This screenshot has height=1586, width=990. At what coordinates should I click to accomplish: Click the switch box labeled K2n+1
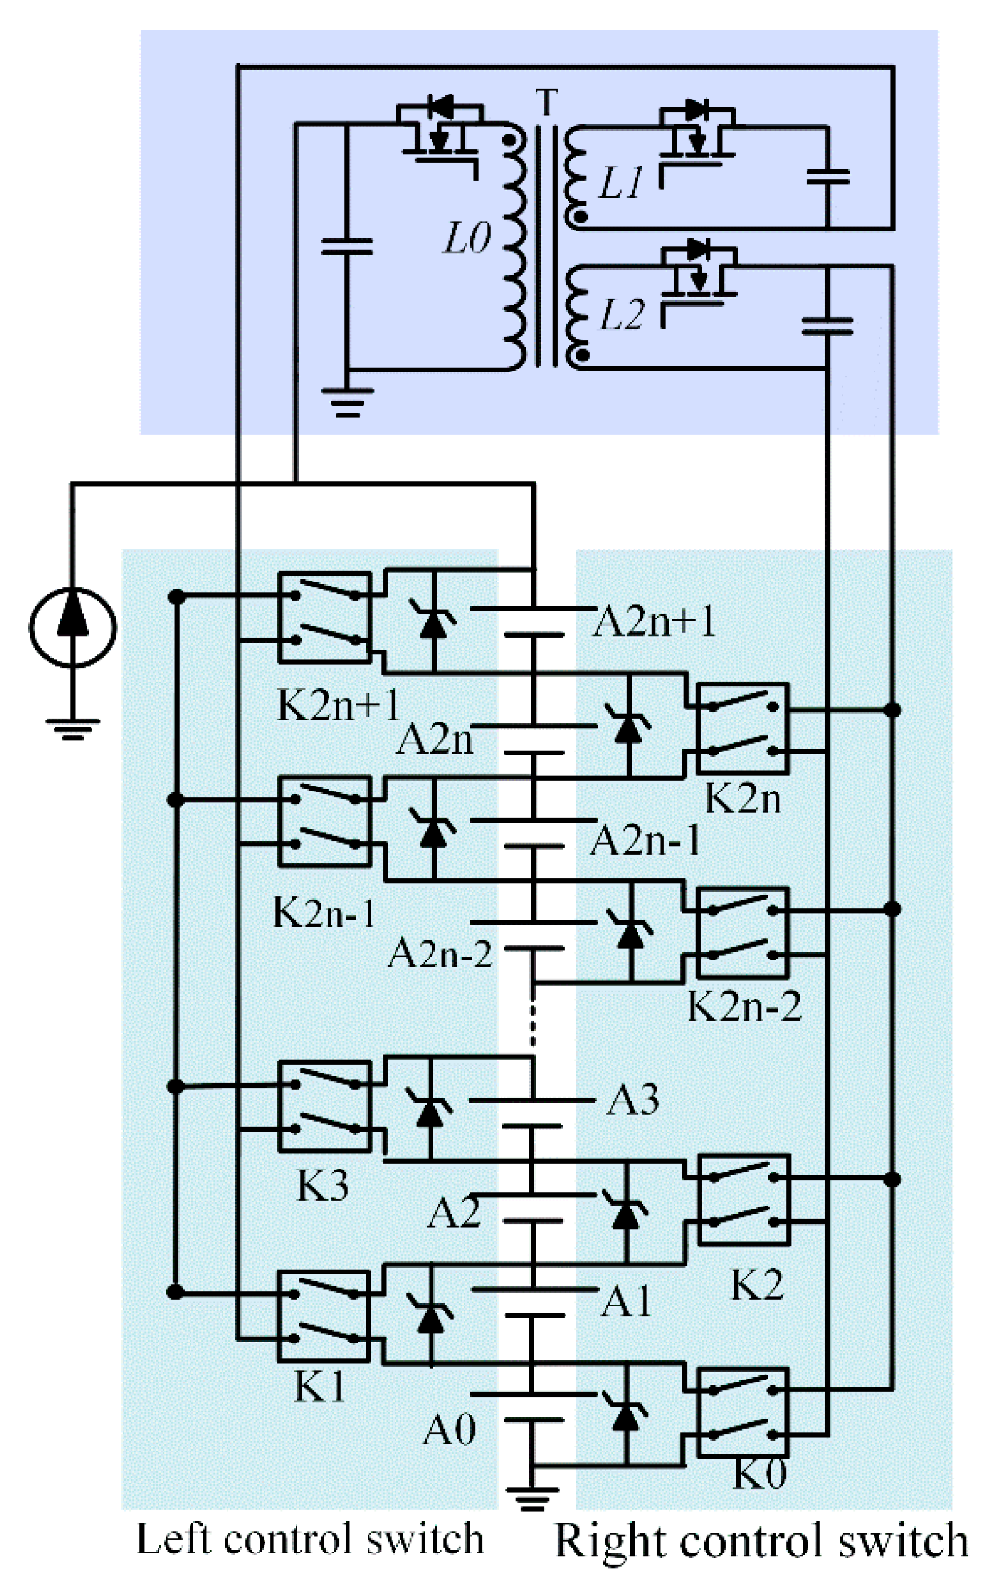pos(324,618)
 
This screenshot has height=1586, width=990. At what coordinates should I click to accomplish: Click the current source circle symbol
pos(72,627)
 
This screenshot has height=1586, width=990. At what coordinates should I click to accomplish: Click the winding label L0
pos(466,238)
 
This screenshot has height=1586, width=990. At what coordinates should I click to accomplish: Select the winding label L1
pos(621,183)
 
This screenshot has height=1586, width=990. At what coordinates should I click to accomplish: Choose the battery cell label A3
pos(632,1100)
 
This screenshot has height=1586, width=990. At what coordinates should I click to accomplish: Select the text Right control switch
pos(761,1541)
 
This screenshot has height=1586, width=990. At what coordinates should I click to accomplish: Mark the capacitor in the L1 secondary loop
pos(827,176)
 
